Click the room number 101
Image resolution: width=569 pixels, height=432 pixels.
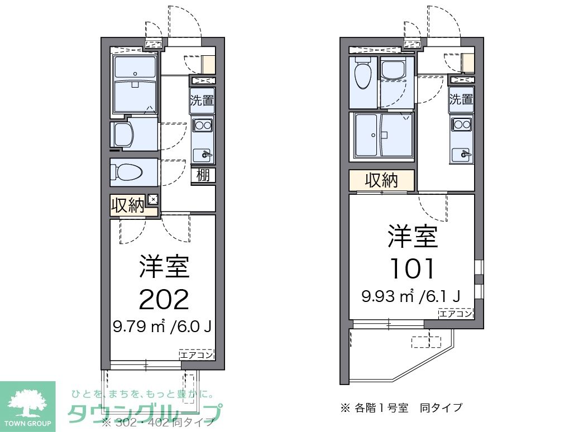(413, 269)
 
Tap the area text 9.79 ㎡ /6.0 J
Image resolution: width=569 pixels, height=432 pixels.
(162, 327)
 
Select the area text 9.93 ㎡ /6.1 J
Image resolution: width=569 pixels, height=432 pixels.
(410, 296)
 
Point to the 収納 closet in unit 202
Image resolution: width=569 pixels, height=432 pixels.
(128, 205)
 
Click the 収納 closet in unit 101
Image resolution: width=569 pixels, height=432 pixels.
(381, 180)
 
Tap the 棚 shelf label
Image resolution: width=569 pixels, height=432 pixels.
(203, 175)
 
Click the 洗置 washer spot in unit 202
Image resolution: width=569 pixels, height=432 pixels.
(201, 101)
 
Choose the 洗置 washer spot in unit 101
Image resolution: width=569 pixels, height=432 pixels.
(461, 99)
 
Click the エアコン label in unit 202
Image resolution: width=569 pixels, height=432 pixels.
(197, 354)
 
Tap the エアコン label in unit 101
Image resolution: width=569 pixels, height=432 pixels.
(456, 313)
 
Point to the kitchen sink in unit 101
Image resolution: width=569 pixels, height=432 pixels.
(461, 152)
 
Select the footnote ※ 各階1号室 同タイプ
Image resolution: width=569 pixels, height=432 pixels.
(401, 407)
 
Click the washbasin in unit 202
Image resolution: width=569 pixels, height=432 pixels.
(123, 135)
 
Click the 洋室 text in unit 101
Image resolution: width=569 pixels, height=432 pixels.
(413, 237)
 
